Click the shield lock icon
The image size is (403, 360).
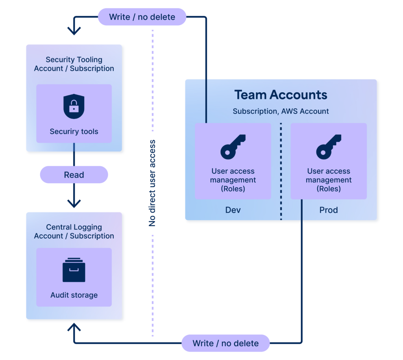pos(74,106)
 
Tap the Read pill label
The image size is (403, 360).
pos(74,174)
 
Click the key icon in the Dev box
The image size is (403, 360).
pos(233,147)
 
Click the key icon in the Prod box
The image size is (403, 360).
pos(329,147)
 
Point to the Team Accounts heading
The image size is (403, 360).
pos(281,95)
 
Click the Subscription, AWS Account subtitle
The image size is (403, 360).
pos(281,111)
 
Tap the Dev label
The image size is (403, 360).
pos(233,210)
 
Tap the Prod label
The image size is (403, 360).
pos(329,210)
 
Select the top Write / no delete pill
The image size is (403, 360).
pos(142,17)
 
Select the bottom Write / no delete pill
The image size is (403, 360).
pos(226,343)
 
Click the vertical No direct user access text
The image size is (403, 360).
pos(152,183)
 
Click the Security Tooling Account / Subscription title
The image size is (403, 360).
pos(74,64)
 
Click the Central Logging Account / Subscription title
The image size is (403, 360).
pos(74,232)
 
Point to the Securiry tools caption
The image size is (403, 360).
pos(74,132)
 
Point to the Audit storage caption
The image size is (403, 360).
pos(74,295)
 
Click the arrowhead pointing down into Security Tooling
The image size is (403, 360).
pos(74,31)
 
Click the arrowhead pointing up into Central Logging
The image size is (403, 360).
pos(74,327)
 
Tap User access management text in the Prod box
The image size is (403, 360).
pos(329,180)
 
